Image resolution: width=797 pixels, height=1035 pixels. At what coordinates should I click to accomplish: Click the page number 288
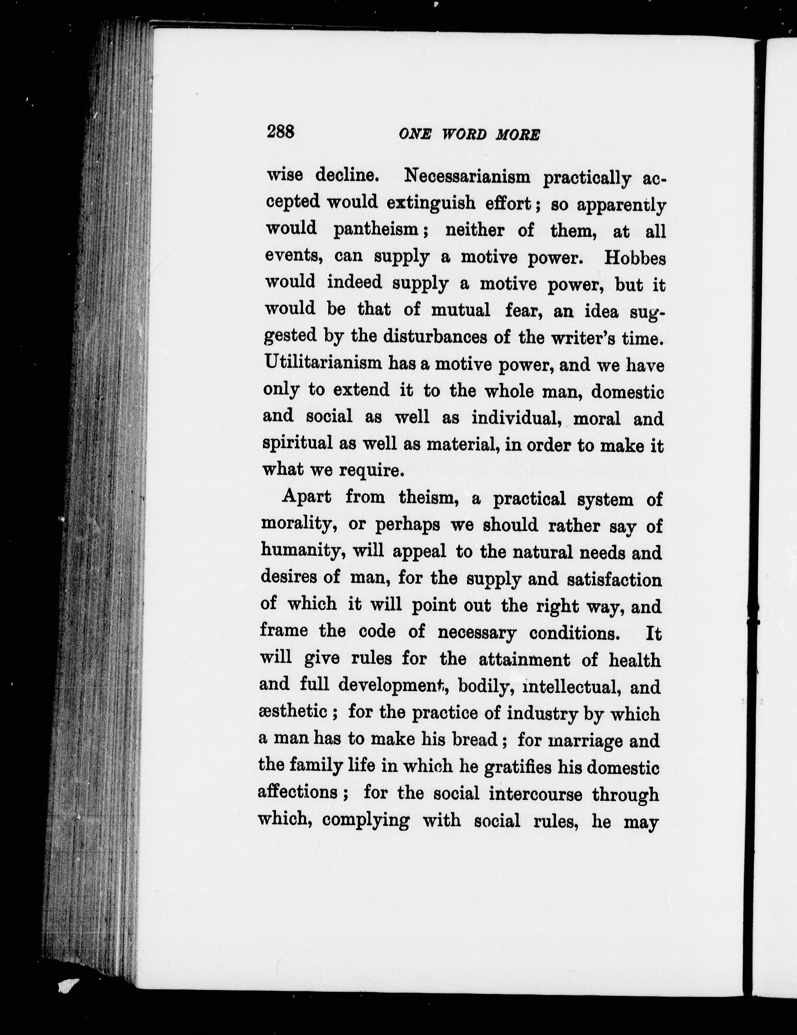281,131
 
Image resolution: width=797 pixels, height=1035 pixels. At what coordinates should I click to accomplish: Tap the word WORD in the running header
464,135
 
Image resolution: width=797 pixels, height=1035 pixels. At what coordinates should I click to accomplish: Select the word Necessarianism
467,177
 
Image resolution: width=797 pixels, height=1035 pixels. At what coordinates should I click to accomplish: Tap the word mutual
460,310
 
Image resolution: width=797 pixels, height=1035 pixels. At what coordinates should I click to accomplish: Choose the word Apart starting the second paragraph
306,497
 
